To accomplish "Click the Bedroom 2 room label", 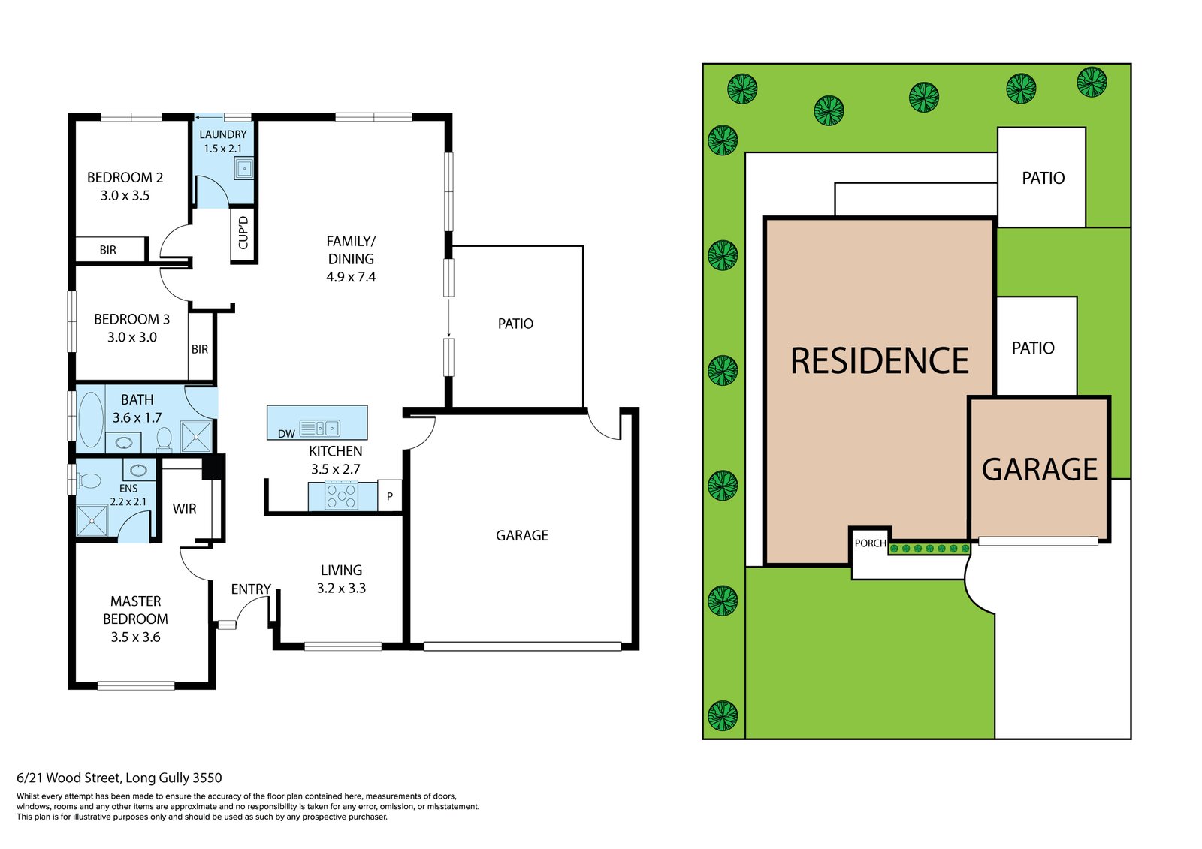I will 125,178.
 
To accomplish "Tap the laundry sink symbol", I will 244,169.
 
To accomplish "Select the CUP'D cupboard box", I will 243,233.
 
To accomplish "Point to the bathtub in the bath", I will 91,419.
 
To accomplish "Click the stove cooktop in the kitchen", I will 341,496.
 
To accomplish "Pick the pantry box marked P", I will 389,496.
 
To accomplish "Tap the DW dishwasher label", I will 286,433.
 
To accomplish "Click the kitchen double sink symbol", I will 327,428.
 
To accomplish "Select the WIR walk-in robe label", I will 184,509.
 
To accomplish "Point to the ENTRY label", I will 251,589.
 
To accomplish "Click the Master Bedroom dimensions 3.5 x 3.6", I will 135,637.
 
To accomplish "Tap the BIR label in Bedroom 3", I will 200,349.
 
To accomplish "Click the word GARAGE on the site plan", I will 1039,470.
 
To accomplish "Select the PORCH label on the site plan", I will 870,543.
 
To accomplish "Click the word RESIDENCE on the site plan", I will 879,361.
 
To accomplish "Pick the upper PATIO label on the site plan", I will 1043,178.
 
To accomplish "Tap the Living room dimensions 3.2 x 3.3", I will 341,588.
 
